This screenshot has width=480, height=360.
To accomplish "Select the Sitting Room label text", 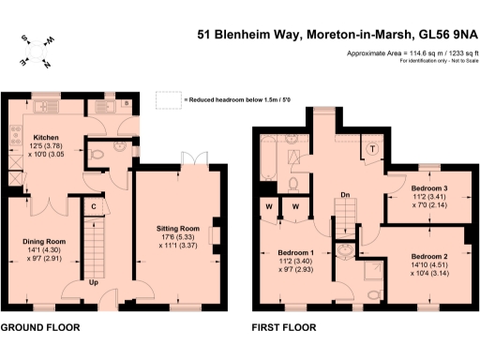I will (177, 228).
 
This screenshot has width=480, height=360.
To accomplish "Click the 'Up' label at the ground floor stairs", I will (95, 281).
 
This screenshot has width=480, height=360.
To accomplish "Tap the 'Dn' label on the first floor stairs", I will (344, 196).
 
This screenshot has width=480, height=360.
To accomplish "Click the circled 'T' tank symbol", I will (371, 147).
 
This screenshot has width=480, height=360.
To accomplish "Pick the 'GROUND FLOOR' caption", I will (38, 328).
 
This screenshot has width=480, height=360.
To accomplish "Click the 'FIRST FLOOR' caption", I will (283, 328).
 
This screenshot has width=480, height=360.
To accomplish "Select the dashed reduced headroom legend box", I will (167, 98).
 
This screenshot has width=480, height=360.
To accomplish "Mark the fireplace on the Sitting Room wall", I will (216, 232).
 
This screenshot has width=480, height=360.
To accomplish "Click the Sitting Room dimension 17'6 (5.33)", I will (177, 237).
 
